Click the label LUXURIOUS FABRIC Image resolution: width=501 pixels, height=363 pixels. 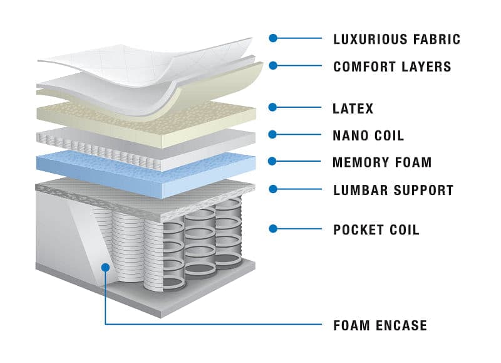pyautogui.click(x=396, y=39)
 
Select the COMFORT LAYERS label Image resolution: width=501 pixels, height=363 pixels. pyautogui.click(x=392, y=66)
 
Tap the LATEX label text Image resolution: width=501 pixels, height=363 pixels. pyautogui.click(x=353, y=108)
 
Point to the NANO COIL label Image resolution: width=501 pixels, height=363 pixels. pyautogui.click(x=368, y=135)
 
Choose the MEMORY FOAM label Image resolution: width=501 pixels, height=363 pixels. pyautogui.click(x=382, y=162)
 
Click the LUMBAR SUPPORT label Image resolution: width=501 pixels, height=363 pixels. pyautogui.click(x=393, y=190)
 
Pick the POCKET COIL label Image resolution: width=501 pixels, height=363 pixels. pyautogui.click(x=376, y=229)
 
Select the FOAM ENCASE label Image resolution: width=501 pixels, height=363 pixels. pyautogui.click(x=380, y=325)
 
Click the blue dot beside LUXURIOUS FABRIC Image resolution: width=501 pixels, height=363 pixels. pyautogui.click(x=272, y=38)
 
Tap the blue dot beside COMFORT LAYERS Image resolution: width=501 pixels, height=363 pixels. pyautogui.click(x=272, y=65)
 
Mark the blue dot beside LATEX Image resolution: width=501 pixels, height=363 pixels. pyautogui.click(x=272, y=107)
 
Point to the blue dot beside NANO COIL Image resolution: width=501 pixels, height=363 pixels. pyautogui.click(x=272, y=134)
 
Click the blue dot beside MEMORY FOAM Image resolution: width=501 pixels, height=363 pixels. pyautogui.click(x=272, y=161)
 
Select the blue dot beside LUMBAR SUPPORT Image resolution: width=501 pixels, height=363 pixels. pyautogui.click(x=272, y=188)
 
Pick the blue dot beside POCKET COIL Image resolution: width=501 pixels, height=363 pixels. pyautogui.click(x=272, y=228)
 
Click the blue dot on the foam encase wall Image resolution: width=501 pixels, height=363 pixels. pyautogui.click(x=105, y=267)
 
